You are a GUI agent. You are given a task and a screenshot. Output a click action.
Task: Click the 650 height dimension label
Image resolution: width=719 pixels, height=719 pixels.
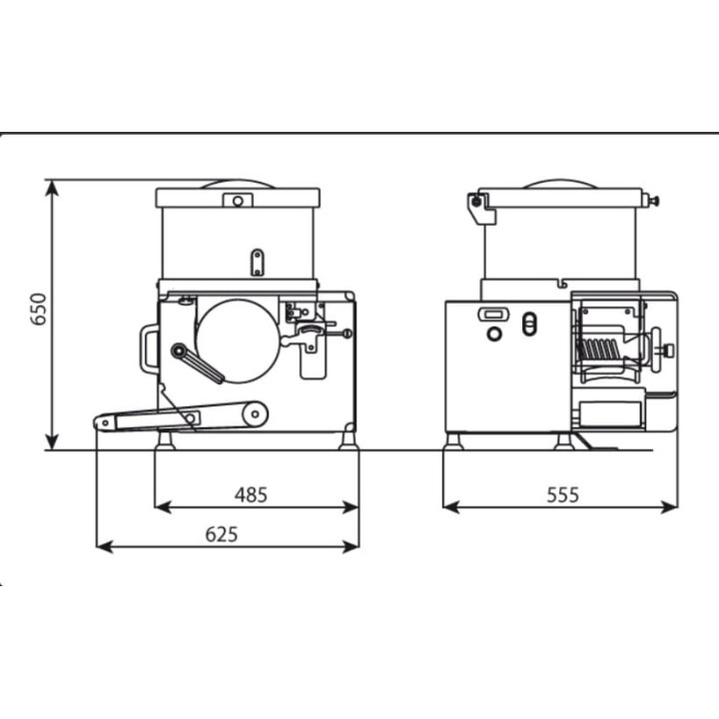(x=39, y=310)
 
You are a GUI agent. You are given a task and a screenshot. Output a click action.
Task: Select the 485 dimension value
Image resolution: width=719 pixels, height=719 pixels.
(x=251, y=494)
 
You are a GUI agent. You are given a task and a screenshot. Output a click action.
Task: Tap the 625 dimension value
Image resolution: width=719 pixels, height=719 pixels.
(x=222, y=534)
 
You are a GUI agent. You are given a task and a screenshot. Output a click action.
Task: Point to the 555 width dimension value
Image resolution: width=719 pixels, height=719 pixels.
(x=563, y=494)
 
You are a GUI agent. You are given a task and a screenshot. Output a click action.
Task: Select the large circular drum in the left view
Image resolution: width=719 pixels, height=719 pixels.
(x=237, y=342)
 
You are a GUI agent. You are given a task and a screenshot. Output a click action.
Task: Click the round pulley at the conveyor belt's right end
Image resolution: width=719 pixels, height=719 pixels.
(x=255, y=414)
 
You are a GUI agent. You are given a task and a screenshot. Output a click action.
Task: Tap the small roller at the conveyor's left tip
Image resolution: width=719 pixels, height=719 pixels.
(x=105, y=422)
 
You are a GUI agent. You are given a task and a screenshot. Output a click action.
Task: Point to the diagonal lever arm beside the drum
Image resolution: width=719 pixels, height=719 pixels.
(x=197, y=363)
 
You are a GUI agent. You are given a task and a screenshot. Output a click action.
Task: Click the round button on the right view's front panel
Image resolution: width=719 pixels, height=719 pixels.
(x=494, y=334)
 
